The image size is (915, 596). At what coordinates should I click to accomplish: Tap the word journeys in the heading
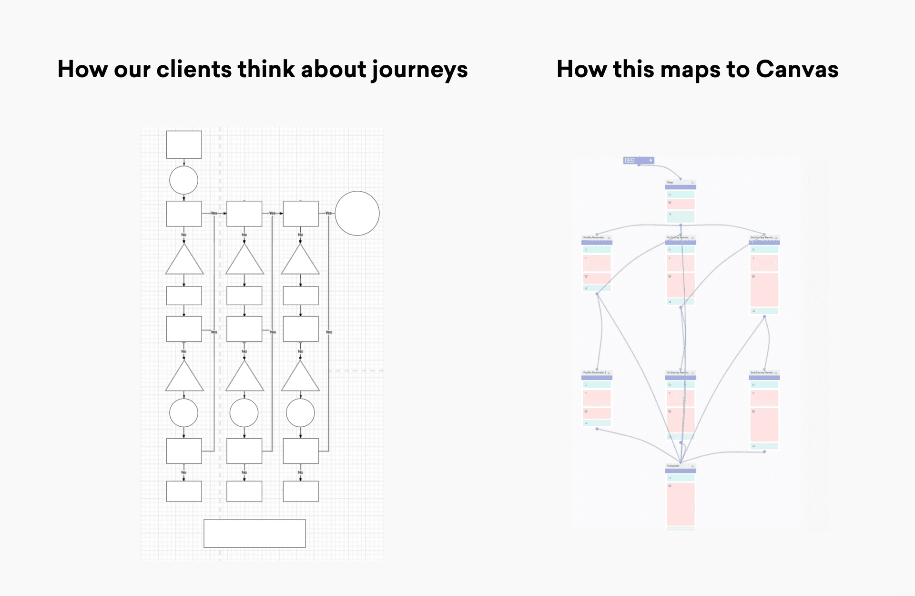(420, 70)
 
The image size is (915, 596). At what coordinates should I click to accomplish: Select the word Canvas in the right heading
(797, 69)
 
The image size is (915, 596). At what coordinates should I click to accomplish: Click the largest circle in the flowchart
(357, 213)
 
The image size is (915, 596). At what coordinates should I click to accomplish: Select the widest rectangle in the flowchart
(254, 533)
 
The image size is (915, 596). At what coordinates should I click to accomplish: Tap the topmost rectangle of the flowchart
(184, 144)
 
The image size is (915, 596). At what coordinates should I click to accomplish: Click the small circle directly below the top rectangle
(183, 180)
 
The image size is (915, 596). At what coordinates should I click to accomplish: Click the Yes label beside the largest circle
(328, 213)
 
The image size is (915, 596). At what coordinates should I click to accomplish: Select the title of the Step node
(670, 183)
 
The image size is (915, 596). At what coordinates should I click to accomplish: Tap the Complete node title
(673, 466)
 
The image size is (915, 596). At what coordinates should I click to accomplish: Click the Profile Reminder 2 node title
(595, 372)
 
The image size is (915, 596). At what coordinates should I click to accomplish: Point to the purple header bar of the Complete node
(681, 471)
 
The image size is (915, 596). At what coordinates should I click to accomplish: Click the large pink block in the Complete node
(681, 504)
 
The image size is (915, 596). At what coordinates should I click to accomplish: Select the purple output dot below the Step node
(681, 225)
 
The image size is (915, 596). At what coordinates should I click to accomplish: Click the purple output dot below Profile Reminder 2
(597, 429)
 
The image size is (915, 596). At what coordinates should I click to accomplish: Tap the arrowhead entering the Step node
(681, 179)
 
